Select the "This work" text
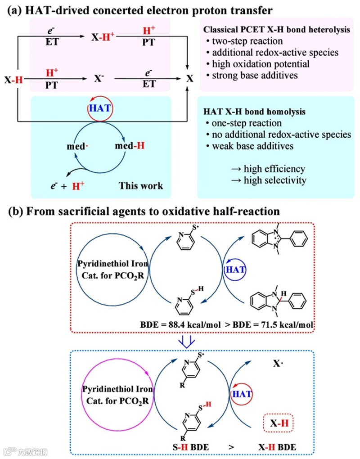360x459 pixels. pos(141,185)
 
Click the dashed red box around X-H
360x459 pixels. pos(277,423)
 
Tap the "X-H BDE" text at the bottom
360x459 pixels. pos(278,448)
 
